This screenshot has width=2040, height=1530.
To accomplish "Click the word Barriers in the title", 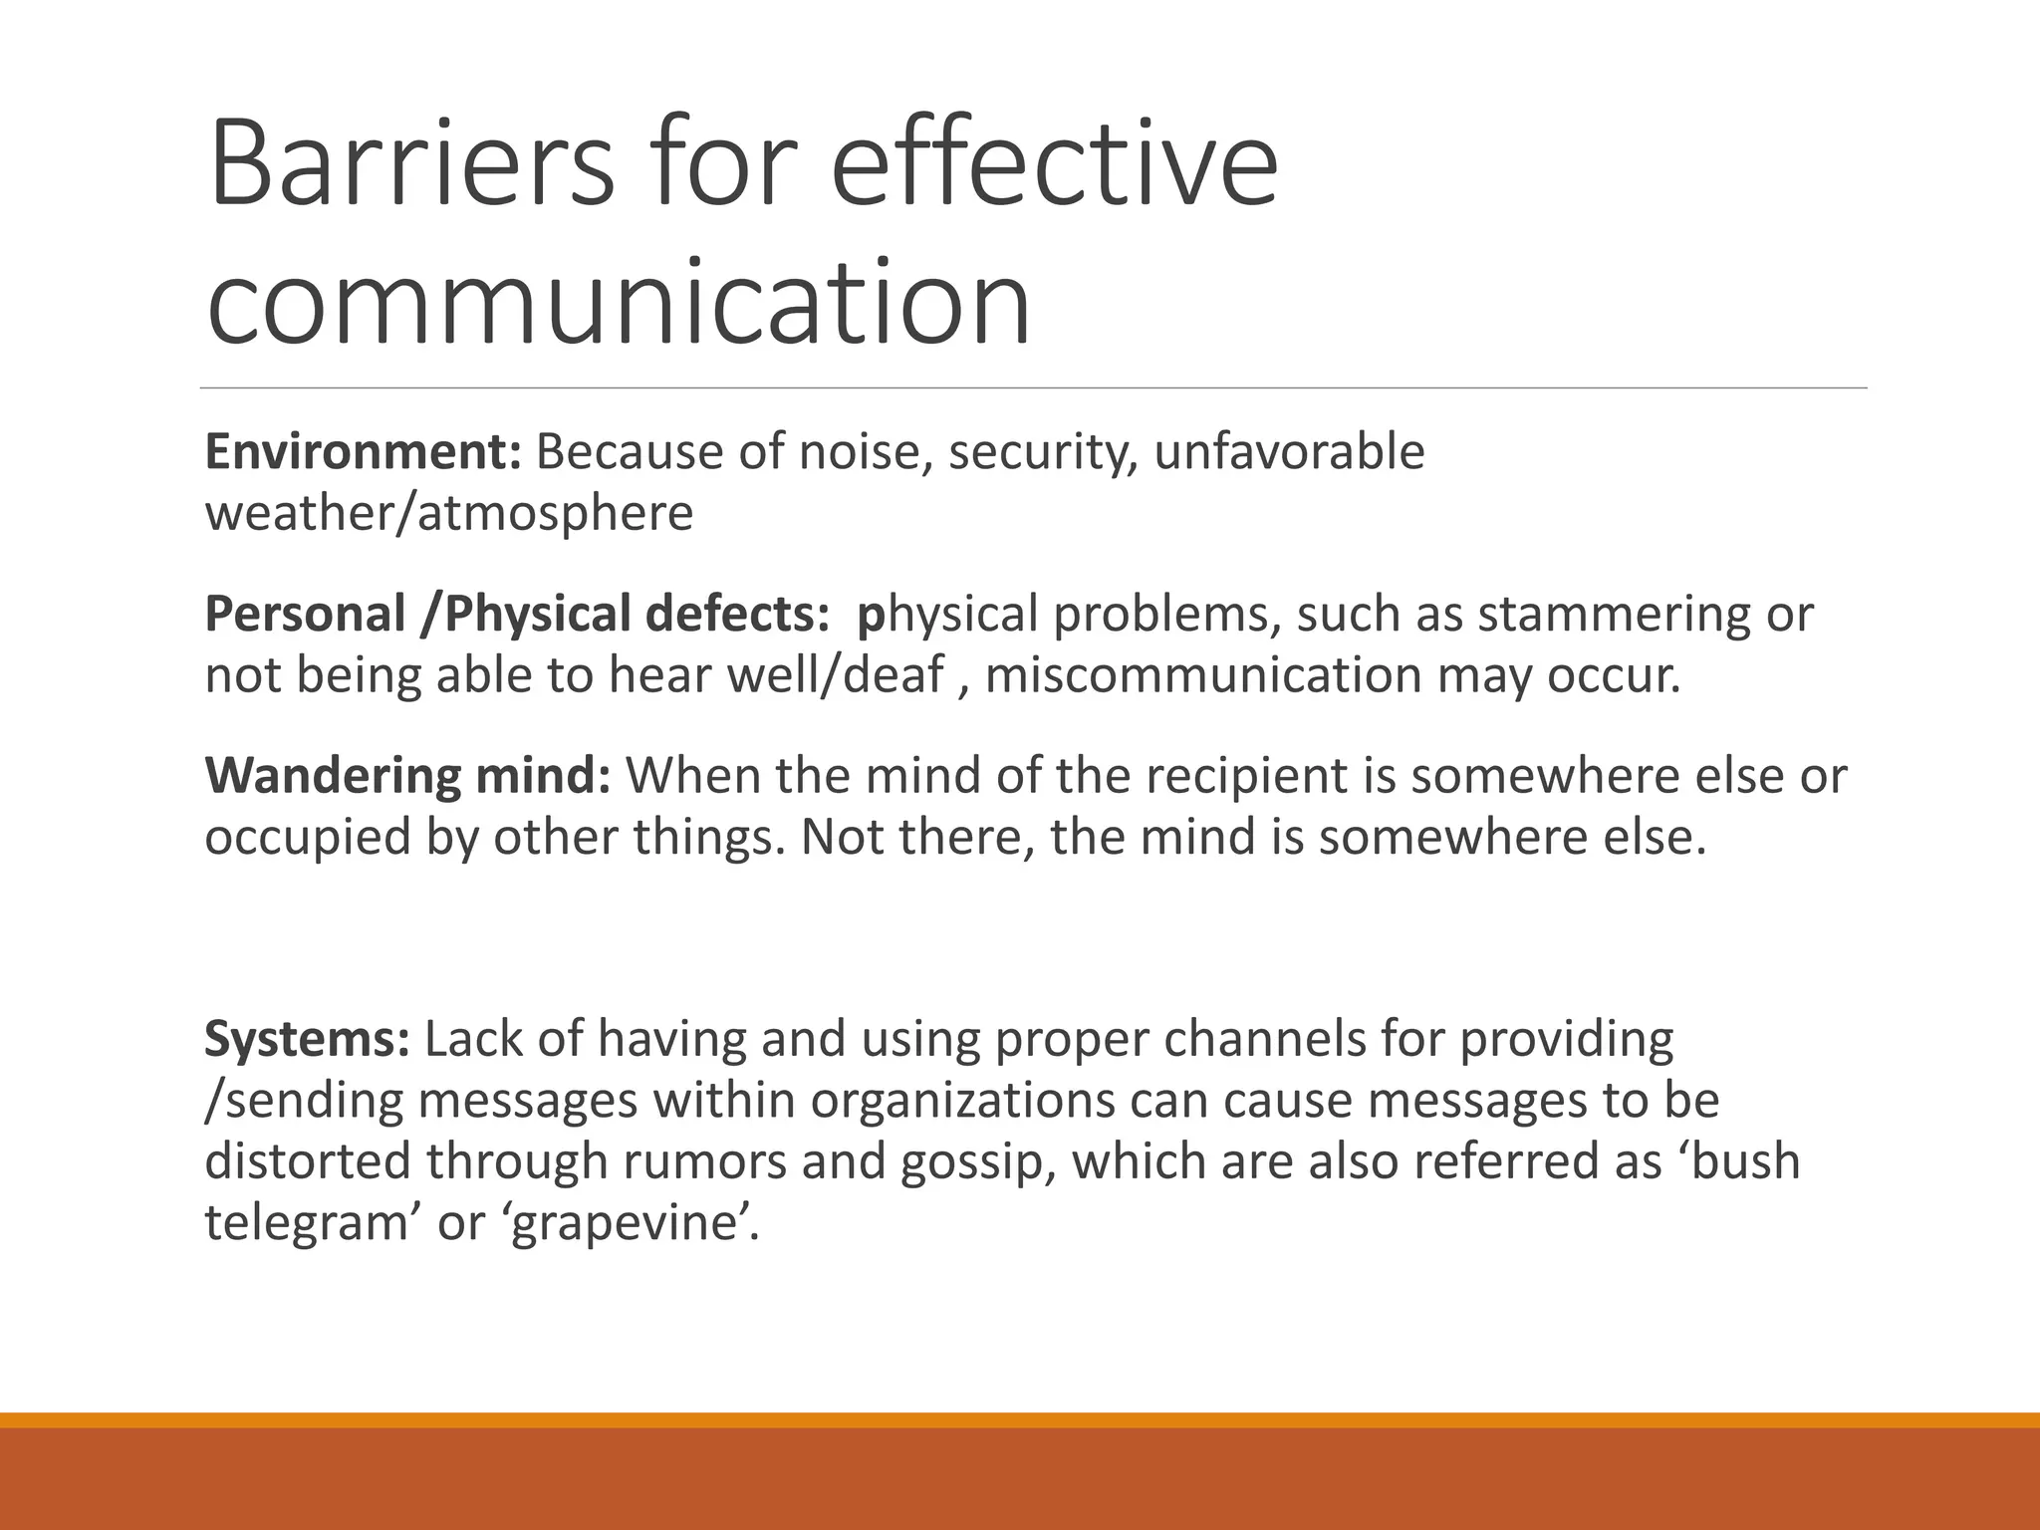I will point(411,164).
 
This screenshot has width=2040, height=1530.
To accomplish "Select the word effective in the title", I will point(1054,164).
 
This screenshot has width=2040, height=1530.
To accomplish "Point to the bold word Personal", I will point(305,614).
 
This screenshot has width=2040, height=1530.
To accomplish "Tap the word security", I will point(1042,454).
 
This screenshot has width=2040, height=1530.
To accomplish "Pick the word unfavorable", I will point(1289,452).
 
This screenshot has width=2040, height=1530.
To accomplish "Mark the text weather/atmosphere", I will point(449,514).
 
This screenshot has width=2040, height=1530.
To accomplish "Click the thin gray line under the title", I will point(1033,387).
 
